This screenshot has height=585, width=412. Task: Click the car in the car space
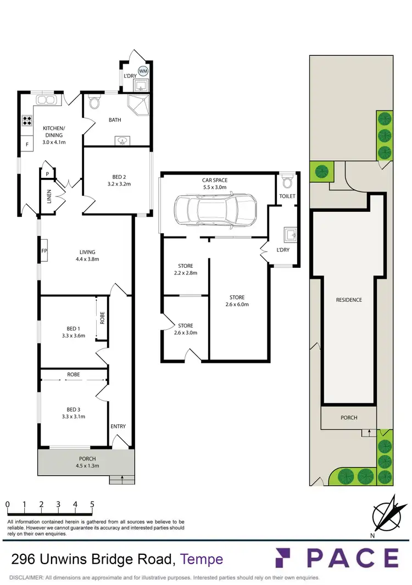(x=215, y=209)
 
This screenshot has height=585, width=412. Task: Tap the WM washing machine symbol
(x=143, y=71)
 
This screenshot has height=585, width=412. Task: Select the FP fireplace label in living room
(x=44, y=252)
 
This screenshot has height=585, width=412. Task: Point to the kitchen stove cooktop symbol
(x=26, y=121)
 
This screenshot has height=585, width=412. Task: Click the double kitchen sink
(x=44, y=100)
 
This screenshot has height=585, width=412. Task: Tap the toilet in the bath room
(x=94, y=102)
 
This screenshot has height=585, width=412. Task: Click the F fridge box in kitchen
(x=26, y=145)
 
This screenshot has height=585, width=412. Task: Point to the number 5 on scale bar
(x=92, y=504)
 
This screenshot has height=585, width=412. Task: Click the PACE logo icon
(x=286, y=558)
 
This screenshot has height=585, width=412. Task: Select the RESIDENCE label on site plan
(x=349, y=300)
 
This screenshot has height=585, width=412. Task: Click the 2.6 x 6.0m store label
(x=237, y=301)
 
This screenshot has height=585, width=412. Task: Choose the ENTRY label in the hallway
(x=118, y=426)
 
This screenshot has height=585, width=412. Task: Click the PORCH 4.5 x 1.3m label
(x=87, y=462)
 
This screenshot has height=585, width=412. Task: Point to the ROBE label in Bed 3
(x=74, y=374)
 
